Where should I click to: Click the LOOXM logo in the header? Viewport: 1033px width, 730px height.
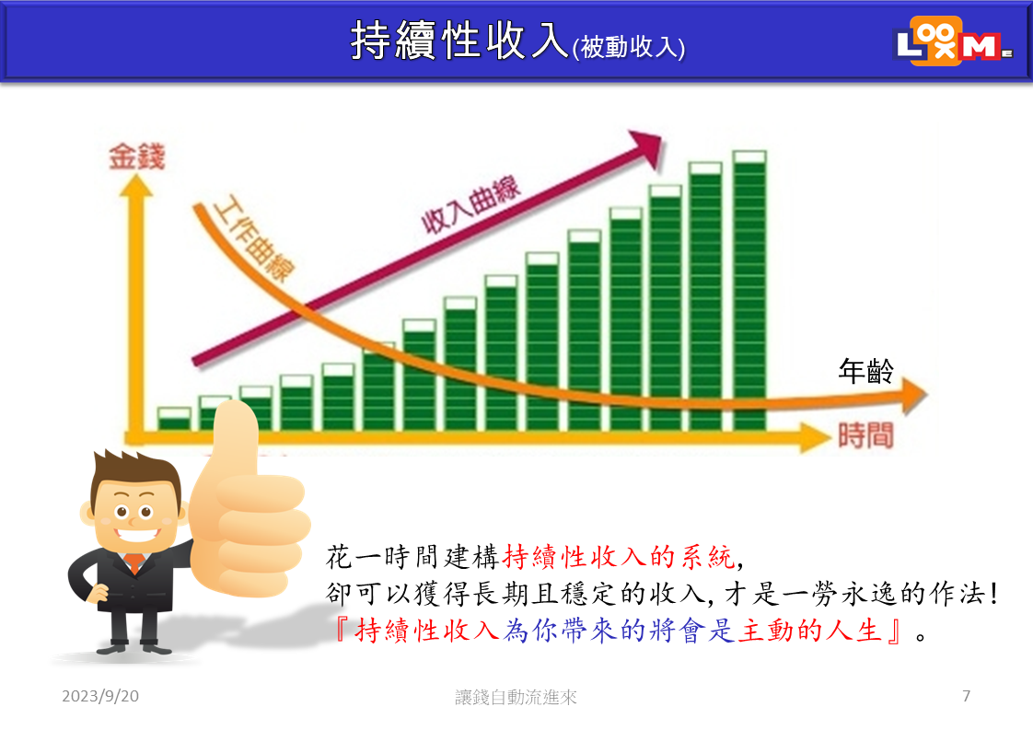[x=954, y=41]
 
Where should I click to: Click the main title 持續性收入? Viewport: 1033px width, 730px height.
[x=459, y=41]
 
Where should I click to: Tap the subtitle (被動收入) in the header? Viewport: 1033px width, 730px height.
[x=629, y=47]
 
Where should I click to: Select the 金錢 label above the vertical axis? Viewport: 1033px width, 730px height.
[x=136, y=156]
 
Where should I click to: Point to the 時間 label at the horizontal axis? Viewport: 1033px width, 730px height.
[x=865, y=436]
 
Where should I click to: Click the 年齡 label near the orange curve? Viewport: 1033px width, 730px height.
[x=865, y=371]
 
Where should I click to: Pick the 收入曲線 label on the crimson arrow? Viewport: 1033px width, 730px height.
[x=471, y=205]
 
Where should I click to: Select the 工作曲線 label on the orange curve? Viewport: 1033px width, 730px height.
[x=254, y=238]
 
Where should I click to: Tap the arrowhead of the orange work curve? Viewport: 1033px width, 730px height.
[x=913, y=395]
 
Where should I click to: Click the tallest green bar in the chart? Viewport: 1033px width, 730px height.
[x=749, y=291]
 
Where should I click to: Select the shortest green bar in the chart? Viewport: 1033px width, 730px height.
[x=175, y=419]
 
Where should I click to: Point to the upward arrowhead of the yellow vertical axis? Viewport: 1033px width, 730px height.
[x=135, y=185]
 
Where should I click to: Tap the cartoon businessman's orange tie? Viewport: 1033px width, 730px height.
[x=134, y=562]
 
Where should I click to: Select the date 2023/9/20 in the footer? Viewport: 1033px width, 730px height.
[x=100, y=696]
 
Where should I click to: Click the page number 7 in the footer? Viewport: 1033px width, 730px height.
[x=966, y=696]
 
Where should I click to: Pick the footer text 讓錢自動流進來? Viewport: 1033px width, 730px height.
[x=516, y=697]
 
